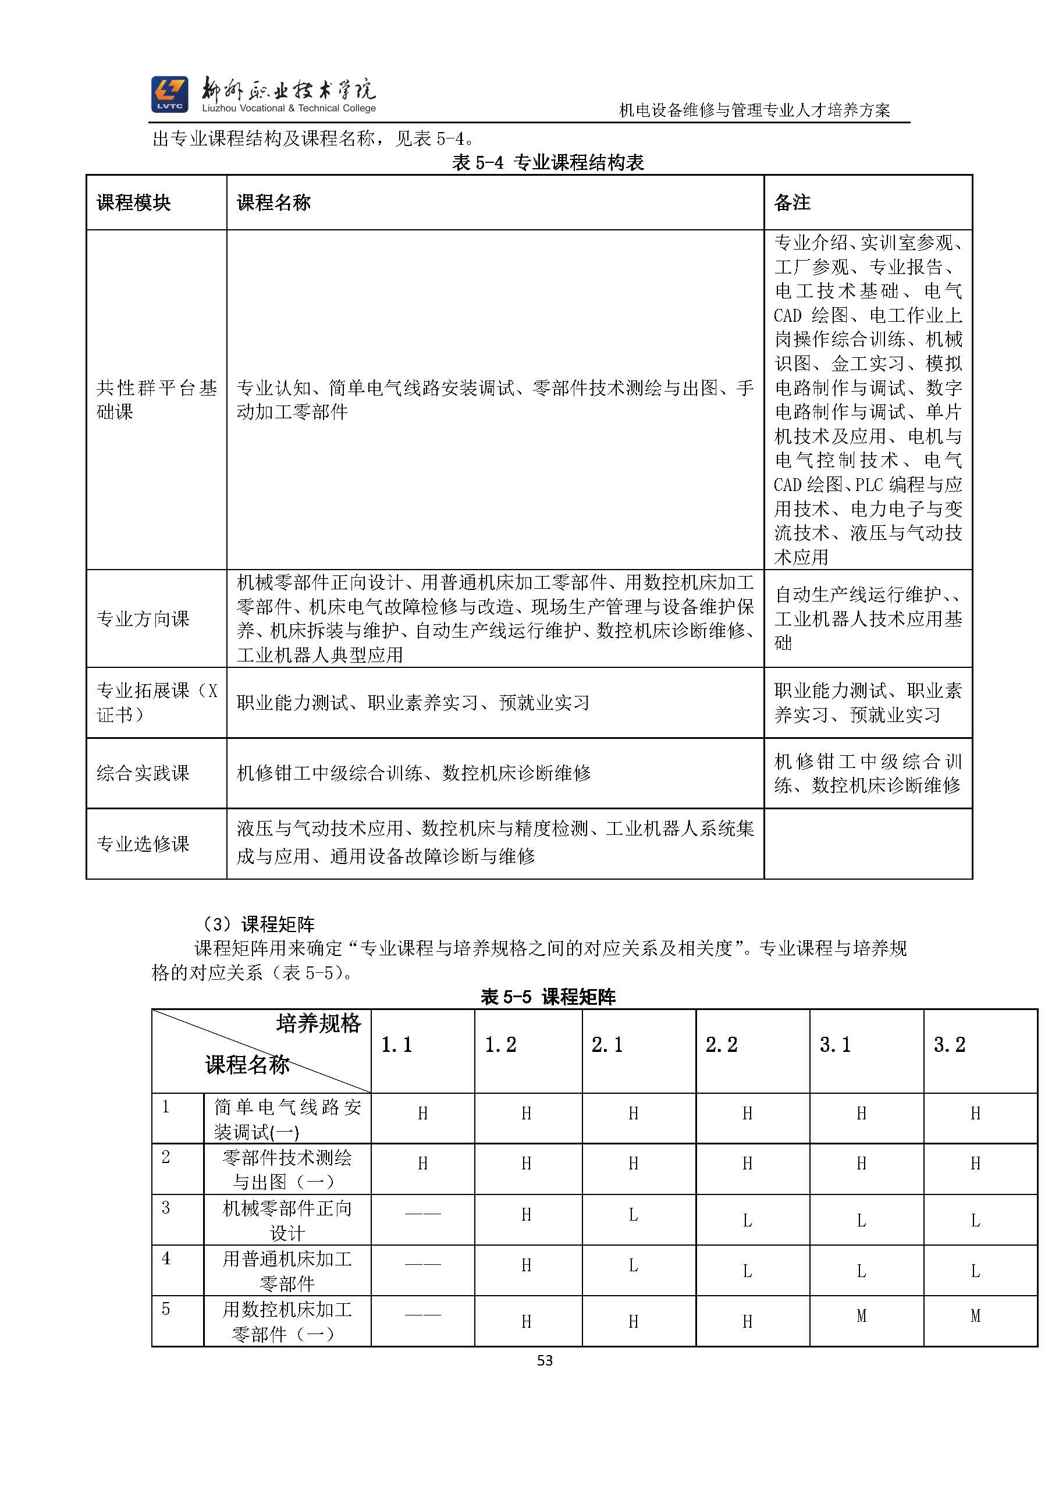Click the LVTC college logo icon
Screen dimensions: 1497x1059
point(169,94)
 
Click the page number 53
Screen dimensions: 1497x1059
point(545,1360)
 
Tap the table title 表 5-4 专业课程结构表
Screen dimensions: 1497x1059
point(548,162)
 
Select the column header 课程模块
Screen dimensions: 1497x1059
point(134,203)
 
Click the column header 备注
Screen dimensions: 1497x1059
point(792,203)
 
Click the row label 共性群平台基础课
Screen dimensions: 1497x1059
point(156,400)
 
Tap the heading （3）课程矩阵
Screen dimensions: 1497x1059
point(258,924)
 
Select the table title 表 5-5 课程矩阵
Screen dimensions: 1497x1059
point(548,997)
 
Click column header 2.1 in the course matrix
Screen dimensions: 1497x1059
point(607,1045)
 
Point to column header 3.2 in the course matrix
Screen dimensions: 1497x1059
point(949,1045)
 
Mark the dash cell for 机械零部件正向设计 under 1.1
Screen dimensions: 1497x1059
point(422,1214)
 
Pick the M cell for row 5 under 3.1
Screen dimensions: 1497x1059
point(861,1315)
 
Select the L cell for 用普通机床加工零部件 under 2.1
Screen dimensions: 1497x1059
point(633,1265)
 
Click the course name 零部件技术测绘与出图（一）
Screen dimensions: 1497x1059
point(287,1169)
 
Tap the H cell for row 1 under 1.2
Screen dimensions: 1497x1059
point(526,1113)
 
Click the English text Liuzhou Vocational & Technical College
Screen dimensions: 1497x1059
point(289,109)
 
